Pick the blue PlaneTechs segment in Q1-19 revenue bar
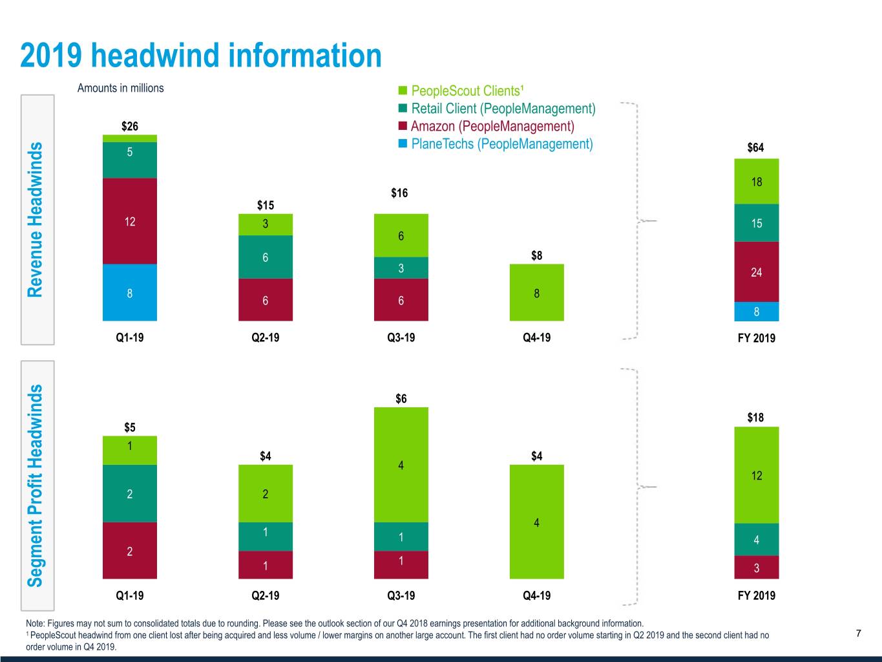tap(130, 293)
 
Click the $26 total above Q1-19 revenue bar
tap(130, 126)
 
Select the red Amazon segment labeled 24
tap(757, 272)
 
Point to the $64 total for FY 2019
tap(755, 147)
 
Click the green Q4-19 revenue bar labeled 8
tap(536, 293)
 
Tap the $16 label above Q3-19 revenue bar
tap(399, 193)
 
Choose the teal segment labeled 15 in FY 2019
tap(757, 223)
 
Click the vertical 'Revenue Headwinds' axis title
tap(36, 220)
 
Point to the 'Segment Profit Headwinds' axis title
tap(36, 485)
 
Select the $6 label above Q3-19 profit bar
tap(401, 398)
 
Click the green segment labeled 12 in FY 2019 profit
tap(757, 475)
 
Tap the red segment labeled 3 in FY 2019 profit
tap(757, 568)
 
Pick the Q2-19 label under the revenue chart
tap(265, 337)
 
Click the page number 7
tap(858, 634)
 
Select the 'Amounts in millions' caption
tap(120, 88)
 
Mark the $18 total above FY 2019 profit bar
tap(755, 417)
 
